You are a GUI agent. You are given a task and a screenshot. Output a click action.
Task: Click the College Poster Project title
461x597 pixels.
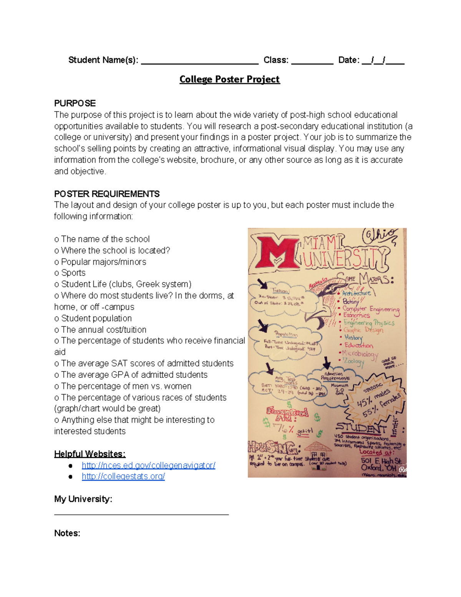[x=229, y=79]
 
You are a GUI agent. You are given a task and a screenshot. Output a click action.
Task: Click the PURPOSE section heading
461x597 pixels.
[x=75, y=103]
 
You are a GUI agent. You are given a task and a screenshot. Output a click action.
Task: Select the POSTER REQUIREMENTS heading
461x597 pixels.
[x=107, y=194]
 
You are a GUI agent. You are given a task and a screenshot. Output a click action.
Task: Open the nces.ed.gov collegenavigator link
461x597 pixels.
[x=148, y=465]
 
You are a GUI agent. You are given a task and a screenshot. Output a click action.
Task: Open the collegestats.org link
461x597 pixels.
[x=123, y=476]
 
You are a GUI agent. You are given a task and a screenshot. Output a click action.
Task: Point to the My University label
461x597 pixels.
[x=83, y=499]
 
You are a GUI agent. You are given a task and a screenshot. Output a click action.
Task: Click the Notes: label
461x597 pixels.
[x=67, y=533]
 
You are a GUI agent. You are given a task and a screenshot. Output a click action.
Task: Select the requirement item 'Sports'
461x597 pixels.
[x=73, y=273]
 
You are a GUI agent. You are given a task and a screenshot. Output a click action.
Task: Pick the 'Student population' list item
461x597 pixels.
[x=96, y=318]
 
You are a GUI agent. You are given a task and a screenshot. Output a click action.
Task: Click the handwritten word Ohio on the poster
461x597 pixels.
[x=380, y=236]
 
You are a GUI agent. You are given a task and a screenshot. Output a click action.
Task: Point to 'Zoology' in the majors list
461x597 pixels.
[x=353, y=361]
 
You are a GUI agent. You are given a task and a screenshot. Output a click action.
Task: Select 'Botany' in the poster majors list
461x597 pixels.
[x=350, y=301]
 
